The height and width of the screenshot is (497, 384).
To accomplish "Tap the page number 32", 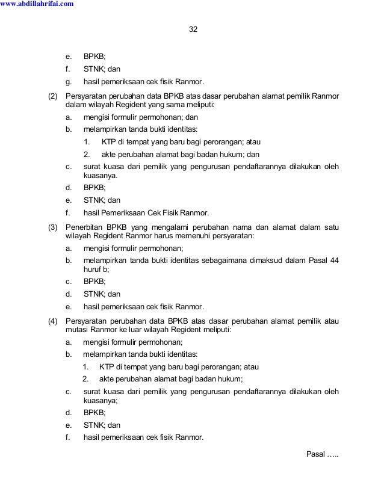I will coord(193,29).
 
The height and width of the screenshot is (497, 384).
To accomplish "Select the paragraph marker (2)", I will coord(54,96).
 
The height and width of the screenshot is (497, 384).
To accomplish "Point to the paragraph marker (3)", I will coord(54,228).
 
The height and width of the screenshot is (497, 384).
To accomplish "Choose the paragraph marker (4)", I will coord(54,321).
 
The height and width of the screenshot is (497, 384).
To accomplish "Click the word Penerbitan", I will coord(83,228).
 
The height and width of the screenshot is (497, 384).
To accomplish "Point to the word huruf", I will coord(92,269).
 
